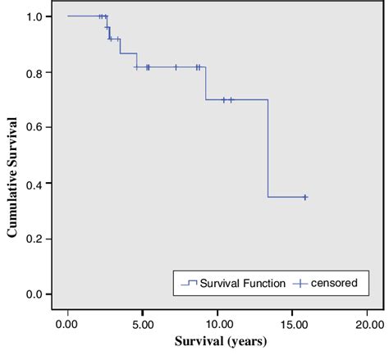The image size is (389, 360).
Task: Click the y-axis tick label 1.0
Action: click(x=34, y=16)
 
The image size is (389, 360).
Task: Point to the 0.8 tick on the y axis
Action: click(x=34, y=71)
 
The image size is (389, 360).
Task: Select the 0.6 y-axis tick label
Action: click(x=34, y=127)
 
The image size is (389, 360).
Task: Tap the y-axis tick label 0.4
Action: click(x=34, y=183)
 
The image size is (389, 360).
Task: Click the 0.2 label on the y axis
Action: click(x=34, y=239)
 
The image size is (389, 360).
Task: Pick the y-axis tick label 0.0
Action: click(x=34, y=294)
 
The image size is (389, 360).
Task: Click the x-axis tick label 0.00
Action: click(x=67, y=324)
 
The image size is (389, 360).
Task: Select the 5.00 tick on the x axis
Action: click(x=142, y=324)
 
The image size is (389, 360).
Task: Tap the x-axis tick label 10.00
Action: click(x=216, y=324)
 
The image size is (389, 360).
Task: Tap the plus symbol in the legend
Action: click(x=302, y=283)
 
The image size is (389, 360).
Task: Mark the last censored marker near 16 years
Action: click(x=304, y=197)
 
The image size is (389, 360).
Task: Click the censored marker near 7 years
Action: click(x=176, y=67)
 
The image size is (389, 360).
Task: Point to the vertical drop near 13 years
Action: click(x=268, y=148)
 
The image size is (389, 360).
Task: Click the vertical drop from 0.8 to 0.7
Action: click(x=205, y=84)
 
